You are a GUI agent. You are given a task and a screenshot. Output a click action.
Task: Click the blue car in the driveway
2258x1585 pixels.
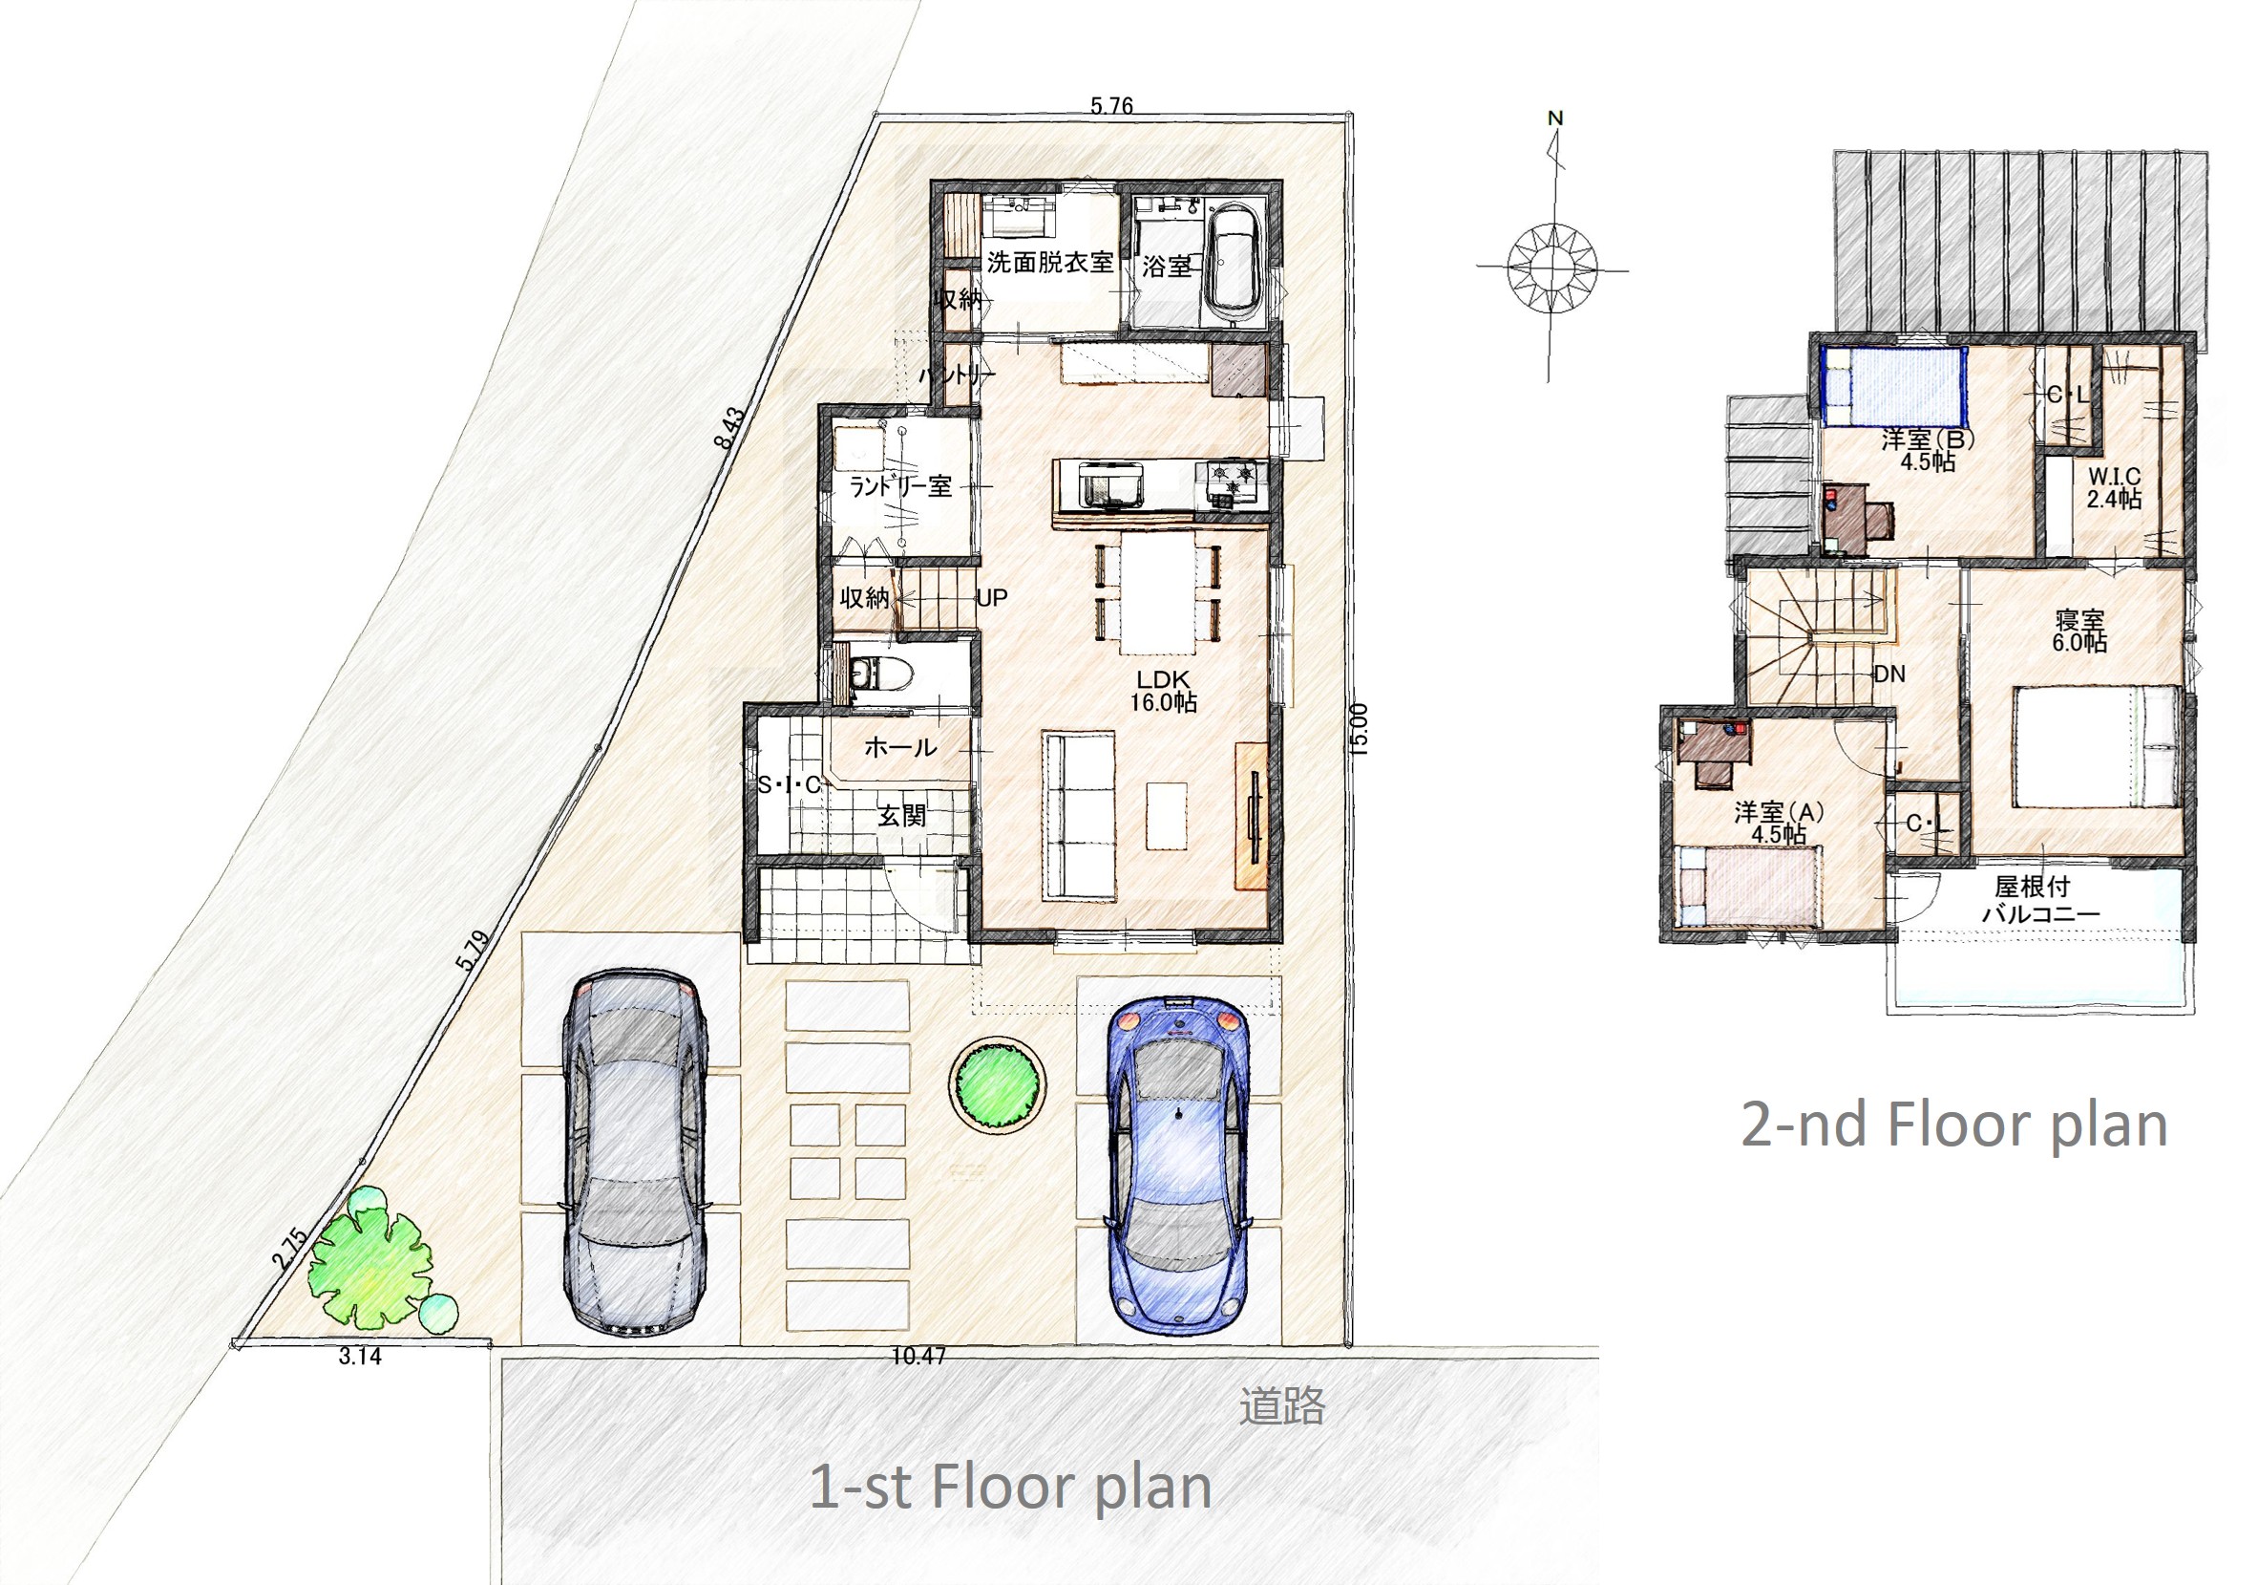click(1178, 1165)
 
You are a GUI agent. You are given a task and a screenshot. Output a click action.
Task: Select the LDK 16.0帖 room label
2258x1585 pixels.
click(1164, 691)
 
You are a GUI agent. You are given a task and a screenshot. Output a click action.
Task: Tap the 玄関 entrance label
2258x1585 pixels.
click(901, 816)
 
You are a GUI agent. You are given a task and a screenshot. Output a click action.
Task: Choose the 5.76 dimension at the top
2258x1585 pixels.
click(1111, 105)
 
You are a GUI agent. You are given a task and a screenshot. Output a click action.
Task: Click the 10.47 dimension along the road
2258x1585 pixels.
click(918, 1356)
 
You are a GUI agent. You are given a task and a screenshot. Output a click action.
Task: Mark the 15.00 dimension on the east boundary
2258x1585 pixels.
click(1360, 729)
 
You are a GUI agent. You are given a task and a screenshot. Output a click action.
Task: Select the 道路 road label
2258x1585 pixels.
click(1281, 1406)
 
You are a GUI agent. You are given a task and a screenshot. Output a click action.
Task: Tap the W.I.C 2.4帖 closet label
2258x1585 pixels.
click(2115, 487)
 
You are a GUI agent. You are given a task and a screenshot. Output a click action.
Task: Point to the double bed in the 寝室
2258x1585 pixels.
click(2096, 747)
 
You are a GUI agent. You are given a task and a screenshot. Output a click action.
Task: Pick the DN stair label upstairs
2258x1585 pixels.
click(1889, 674)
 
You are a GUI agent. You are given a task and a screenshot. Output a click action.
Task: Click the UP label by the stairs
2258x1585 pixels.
click(991, 597)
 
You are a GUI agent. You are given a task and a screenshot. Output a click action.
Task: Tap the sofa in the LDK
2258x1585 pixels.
click(1079, 815)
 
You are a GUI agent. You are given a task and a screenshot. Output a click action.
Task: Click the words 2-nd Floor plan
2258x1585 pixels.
click(1954, 1124)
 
